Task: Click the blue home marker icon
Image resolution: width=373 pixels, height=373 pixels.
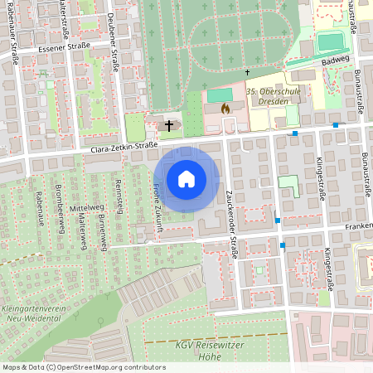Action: (186, 178)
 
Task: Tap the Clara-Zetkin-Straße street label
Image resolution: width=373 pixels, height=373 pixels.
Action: (124, 148)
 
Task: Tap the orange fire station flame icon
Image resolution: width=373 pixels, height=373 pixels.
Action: (225, 108)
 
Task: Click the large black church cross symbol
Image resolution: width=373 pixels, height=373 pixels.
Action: (170, 126)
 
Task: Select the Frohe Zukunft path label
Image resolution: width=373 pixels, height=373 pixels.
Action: (157, 204)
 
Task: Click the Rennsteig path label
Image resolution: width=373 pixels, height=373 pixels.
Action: (119, 196)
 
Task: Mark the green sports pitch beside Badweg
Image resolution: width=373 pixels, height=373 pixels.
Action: (329, 41)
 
